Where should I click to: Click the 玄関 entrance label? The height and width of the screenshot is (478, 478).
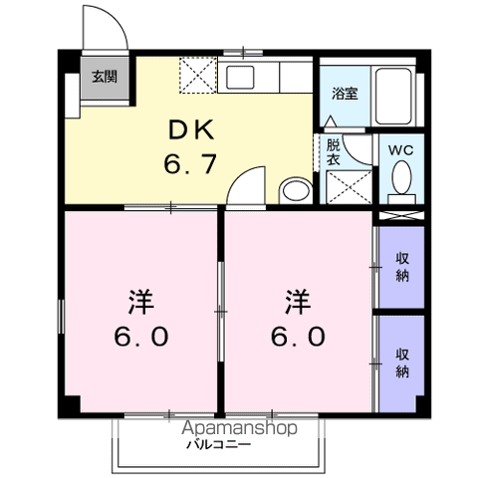coord(103,76)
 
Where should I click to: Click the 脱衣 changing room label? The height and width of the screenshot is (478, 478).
coord(333,151)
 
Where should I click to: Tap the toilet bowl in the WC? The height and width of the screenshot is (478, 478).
coord(401,180)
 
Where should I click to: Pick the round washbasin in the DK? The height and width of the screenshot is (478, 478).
coord(295,189)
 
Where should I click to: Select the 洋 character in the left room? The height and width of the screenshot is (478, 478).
coord(139,299)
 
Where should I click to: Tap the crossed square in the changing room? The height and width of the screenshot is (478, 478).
coord(345,186)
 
